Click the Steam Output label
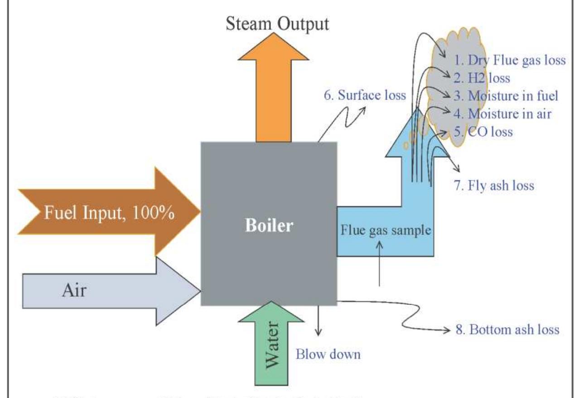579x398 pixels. (x=278, y=24)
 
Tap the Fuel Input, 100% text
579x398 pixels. (x=108, y=212)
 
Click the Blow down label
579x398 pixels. (x=328, y=354)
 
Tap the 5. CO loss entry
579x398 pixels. (x=483, y=132)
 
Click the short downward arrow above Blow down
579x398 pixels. (x=320, y=320)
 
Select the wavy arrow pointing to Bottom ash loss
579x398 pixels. (x=399, y=317)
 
